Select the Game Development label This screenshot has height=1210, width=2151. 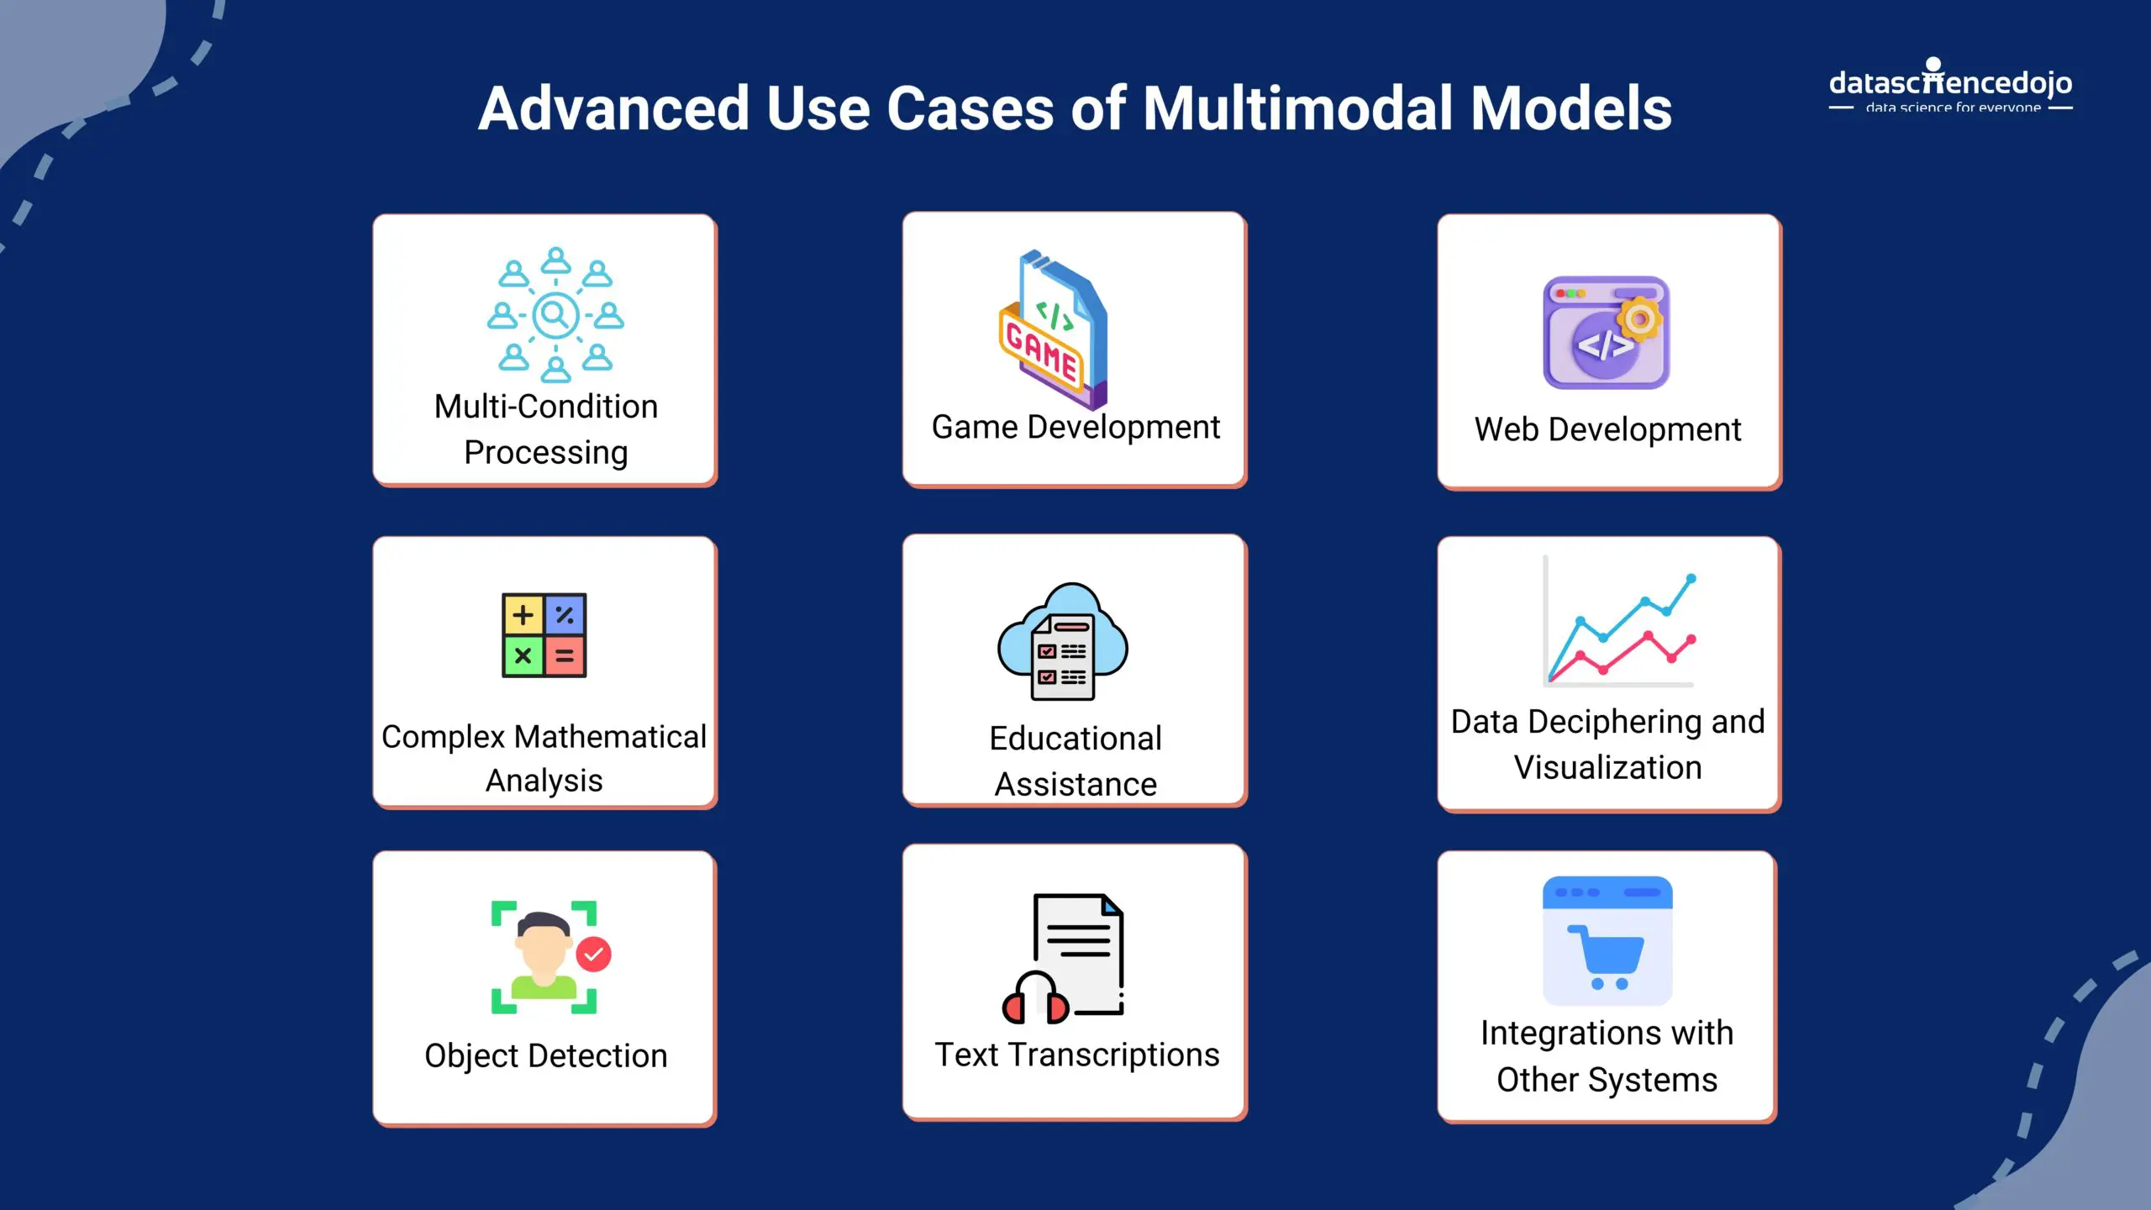[x=1075, y=427]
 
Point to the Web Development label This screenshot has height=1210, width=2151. [x=1607, y=429]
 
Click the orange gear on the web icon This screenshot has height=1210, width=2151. [x=1639, y=319]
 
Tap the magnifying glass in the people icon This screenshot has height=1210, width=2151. [x=555, y=315]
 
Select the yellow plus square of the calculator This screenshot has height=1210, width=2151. [x=523, y=615]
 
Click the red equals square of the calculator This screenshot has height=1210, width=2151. [x=565, y=656]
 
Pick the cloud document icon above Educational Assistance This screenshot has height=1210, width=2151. [x=1063, y=643]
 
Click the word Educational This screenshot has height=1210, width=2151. [x=1075, y=739]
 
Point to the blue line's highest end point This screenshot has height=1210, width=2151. [x=1691, y=578]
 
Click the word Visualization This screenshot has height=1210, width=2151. [x=1607, y=767]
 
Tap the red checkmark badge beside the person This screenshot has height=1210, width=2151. [x=593, y=955]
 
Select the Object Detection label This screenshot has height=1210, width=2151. [x=545, y=1055]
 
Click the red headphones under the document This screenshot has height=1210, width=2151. [x=1035, y=1000]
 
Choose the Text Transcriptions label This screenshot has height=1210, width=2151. [x=1076, y=1055]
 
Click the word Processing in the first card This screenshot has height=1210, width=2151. [x=545, y=452]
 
